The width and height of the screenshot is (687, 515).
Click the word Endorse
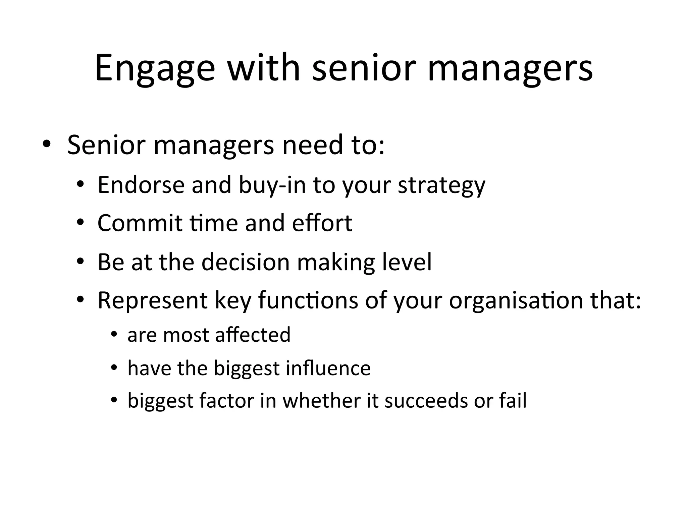141,185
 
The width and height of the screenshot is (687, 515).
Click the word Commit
140,223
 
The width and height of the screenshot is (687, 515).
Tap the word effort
322,223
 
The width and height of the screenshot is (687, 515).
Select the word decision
246,262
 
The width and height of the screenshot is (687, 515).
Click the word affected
253,335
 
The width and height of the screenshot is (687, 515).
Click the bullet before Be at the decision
80,262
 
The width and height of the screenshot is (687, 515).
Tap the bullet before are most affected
114,335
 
